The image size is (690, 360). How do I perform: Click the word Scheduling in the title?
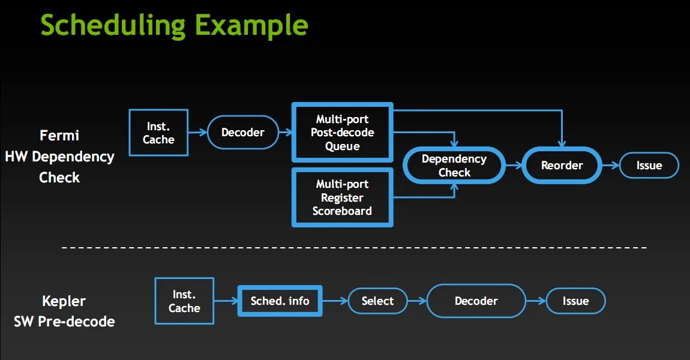pos(113,26)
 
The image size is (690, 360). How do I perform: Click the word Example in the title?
pos(251,26)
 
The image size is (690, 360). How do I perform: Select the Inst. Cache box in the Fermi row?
pos(159,133)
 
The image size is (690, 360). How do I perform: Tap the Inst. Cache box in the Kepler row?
pos(184,301)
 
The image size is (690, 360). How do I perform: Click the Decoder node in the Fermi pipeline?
pos(243,133)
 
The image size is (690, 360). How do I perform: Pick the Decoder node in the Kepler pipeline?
pos(476,301)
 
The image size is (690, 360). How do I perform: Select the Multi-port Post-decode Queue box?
pos(343,133)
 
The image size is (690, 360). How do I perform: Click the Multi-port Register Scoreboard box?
pos(343,197)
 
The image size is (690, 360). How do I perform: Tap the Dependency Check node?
pos(454,166)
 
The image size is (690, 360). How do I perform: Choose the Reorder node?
pos(562,166)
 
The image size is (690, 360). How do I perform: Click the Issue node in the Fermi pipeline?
pos(649,166)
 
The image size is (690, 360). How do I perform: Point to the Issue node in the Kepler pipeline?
pos(575,301)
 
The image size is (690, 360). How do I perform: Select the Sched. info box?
pos(280,301)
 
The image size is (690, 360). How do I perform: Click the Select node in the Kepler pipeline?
pos(377,301)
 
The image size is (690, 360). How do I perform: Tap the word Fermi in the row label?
pos(59,135)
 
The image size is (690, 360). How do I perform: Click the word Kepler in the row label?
pos(64,301)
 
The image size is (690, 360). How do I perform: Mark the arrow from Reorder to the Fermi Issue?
pos(611,166)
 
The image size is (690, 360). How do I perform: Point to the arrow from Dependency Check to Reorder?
pos(514,166)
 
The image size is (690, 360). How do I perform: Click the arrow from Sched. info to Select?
pos(335,301)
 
